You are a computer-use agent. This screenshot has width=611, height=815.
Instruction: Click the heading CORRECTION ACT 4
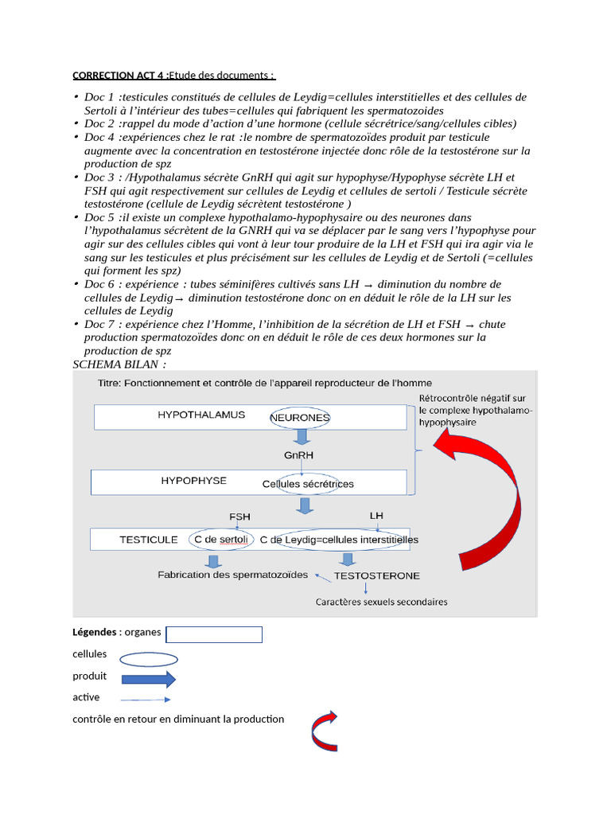[x=119, y=76]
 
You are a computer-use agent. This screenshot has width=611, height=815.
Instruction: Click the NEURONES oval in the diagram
[x=300, y=417]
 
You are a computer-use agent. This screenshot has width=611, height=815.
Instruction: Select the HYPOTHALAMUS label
[x=201, y=415]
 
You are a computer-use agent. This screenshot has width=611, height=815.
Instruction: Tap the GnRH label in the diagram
[x=298, y=455]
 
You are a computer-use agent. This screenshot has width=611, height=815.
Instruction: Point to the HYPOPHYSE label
[x=193, y=481]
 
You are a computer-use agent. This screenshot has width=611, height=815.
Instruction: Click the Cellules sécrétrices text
[x=308, y=484]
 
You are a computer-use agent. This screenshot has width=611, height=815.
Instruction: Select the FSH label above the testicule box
[x=239, y=517]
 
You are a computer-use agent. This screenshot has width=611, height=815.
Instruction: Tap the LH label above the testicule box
[x=376, y=516]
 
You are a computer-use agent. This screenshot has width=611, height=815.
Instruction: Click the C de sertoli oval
[x=221, y=540]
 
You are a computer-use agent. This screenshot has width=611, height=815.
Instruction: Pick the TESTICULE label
[x=149, y=540]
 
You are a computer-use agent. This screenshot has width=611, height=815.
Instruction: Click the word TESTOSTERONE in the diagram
[x=377, y=575]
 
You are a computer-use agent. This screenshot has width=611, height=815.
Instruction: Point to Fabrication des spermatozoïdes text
[x=232, y=575]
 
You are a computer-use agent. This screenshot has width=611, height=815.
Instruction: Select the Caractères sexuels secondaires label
[x=381, y=602]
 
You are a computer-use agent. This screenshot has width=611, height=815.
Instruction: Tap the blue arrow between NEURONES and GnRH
[x=302, y=437]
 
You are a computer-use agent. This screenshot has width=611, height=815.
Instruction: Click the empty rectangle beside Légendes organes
[x=214, y=634]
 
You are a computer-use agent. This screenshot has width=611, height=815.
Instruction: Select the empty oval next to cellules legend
[x=149, y=659]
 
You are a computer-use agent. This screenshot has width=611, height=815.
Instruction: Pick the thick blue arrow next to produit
[x=149, y=679]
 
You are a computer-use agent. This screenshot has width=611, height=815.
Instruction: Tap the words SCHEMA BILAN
[x=119, y=364]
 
